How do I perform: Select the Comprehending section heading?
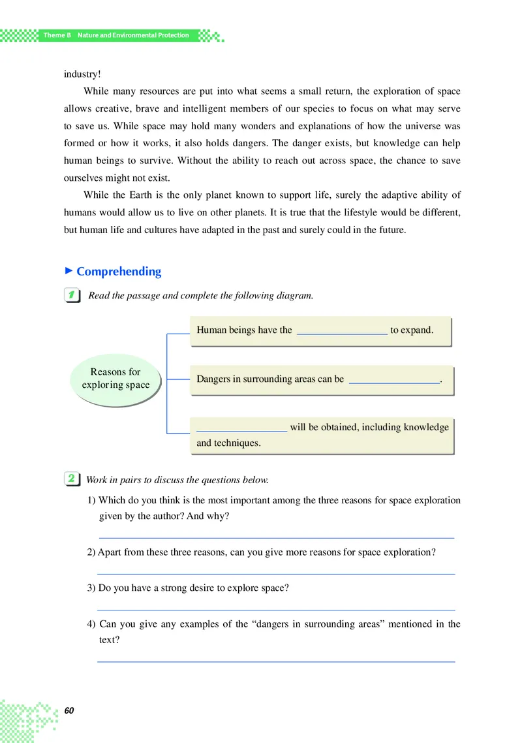click(x=119, y=272)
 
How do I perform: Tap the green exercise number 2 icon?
click(x=72, y=479)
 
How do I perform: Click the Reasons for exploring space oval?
click(x=115, y=379)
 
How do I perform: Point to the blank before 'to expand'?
click(x=342, y=331)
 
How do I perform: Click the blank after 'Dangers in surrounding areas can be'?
click(x=394, y=380)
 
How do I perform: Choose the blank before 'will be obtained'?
click(x=241, y=429)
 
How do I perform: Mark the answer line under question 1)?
click(x=275, y=537)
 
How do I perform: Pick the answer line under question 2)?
click(x=275, y=573)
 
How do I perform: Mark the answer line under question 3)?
click(x=275, y=609)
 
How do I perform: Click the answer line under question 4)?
click(x=275, y=661)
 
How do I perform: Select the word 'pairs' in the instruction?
click(x=127, y=480)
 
